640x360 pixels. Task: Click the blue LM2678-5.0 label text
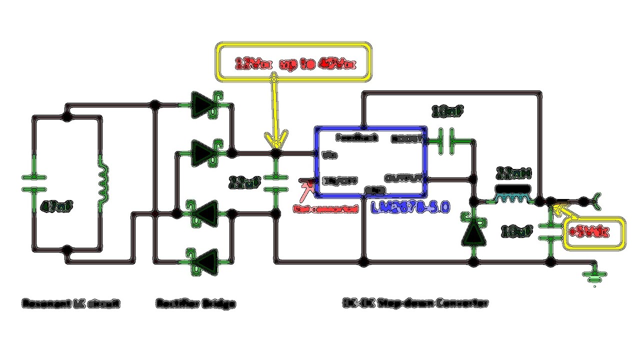pyautogui.click(x=410, y=207)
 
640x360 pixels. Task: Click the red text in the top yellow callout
pyautogui.click(x=295, y=64)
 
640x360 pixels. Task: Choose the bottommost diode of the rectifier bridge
pyautogui.click(x=205, y=261)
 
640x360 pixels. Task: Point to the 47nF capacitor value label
pyautogui.click(x=56, y=206)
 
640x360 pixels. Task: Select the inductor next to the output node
pyautogui.click(x=512, y=196)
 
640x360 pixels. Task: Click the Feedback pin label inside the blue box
pyautogui.click(x=356, y=137)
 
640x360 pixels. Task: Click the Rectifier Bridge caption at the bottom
pyautogui.click(x=195, y=303)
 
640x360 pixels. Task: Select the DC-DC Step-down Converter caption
pyautogui.click(x=415, y=303)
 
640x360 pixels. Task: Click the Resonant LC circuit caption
pyautogui.click(x=71, y=303)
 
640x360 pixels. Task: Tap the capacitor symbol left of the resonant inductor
pyautogui.click(x=34, y=183)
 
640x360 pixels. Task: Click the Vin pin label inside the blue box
pyautogui.click(x=330, y=155)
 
